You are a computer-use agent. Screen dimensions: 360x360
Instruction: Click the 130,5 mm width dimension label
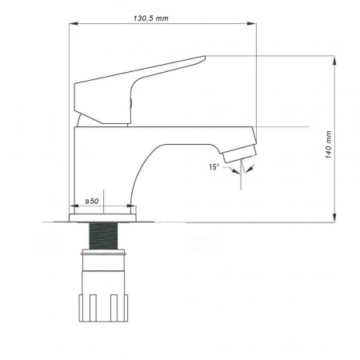pyautogui.click(x=151, y=17)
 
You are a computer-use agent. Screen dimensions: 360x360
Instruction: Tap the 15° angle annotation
pyautogui.click(x=214, y=166)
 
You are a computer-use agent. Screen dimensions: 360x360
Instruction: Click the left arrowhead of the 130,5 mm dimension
pyautogui.click(x=70, y=25)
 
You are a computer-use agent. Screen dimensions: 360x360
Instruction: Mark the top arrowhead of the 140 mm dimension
pyautogui.click(x=334, y=58)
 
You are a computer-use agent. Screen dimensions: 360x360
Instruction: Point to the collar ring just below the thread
pyautogui.click(x=103, y=254)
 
